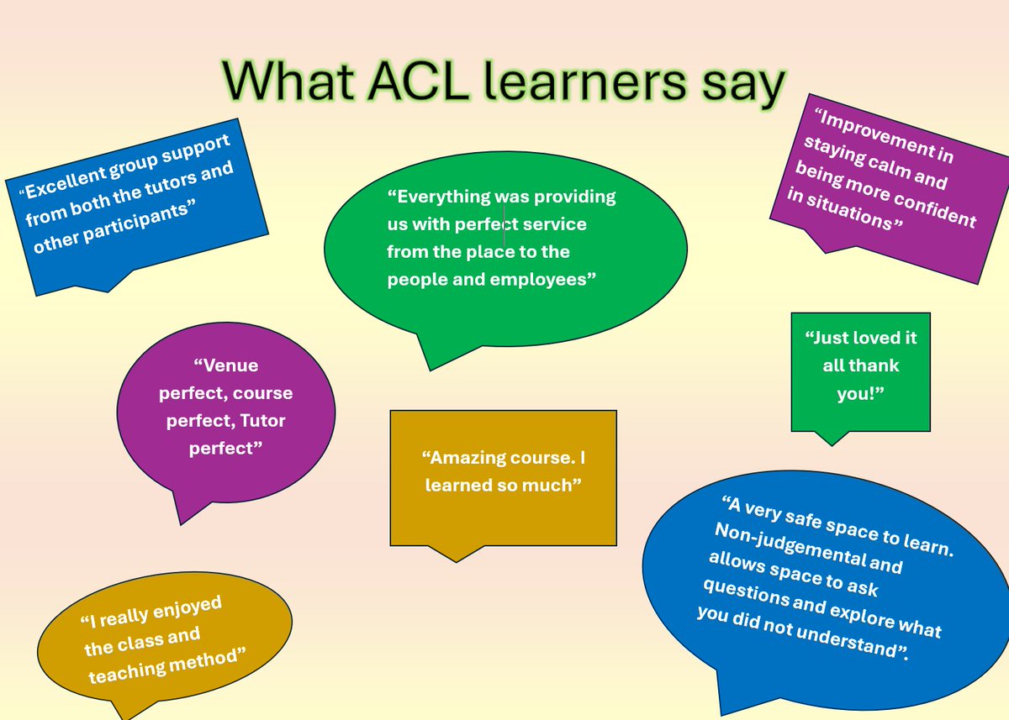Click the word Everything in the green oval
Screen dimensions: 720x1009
(443, 197)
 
